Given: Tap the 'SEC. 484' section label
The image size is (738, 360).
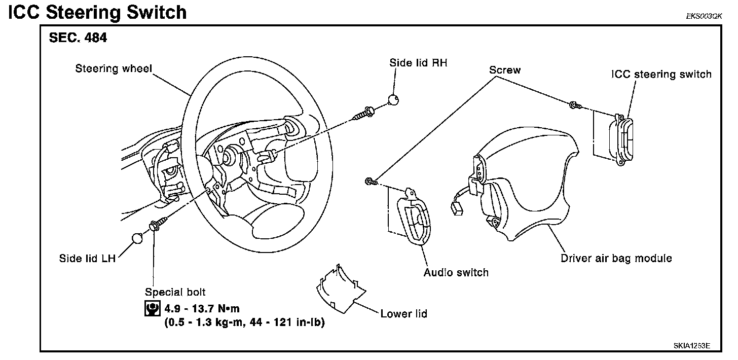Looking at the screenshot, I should point(78,38).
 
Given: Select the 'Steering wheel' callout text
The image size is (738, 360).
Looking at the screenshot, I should point(114,68).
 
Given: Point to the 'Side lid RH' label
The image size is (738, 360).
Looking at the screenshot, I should point(418,63).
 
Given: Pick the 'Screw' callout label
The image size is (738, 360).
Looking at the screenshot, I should point(504,70).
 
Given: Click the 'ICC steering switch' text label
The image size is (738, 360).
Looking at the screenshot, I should point(660,75).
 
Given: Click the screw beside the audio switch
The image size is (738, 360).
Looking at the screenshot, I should point(371,181).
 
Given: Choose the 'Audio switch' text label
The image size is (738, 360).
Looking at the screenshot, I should point(456,272).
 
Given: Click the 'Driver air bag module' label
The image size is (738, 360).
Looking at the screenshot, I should point(616,258).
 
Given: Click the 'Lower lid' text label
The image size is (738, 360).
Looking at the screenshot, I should point(403,313).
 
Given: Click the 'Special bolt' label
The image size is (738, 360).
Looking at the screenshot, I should point(175,292).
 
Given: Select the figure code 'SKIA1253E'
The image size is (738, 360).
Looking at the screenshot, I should point(691,346).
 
